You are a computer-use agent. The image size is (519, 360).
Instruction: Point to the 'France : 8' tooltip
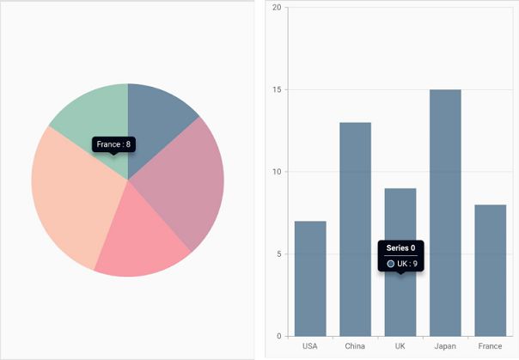(x=113, y=144)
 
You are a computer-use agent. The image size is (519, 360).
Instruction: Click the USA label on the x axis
(x=310, y=346)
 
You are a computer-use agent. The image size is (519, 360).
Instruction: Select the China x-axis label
(x=355, y=346)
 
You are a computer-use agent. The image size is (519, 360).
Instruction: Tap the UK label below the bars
(x=400, y=346)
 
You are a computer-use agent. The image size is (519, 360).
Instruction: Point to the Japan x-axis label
(x=445, y=346)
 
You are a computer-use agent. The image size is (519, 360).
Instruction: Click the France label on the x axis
(x=490, y=346)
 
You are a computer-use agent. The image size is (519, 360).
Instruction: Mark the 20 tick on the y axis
(x=277, y=8)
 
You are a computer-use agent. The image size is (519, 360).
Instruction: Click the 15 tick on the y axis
(x=277, y=90)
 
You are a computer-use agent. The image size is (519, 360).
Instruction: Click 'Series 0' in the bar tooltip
(x=400, y=248)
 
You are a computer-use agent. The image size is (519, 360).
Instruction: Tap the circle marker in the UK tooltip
(x=391, y=264)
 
